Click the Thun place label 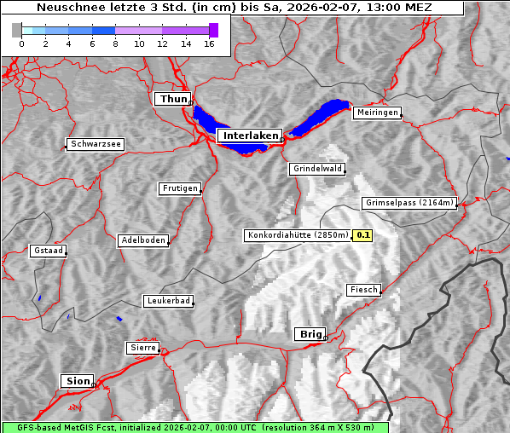pos(172,100)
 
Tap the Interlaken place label pos(249,136)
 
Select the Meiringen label pos(376,113)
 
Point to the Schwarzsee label pos(96,145)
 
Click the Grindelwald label pos(317,169)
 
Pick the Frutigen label pos(179,188)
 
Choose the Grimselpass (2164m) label pos(409,203)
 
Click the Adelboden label pos(142,240)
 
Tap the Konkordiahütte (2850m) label pos(298,235)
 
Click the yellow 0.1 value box pos(363,235)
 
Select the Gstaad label pos(48,251)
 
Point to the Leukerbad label pos(167,301)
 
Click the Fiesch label pos(362,290)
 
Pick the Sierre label pos(142,348)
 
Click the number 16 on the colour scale pos(209,43)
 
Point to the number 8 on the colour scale pos(115,43)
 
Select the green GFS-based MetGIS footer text pos(194,427)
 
